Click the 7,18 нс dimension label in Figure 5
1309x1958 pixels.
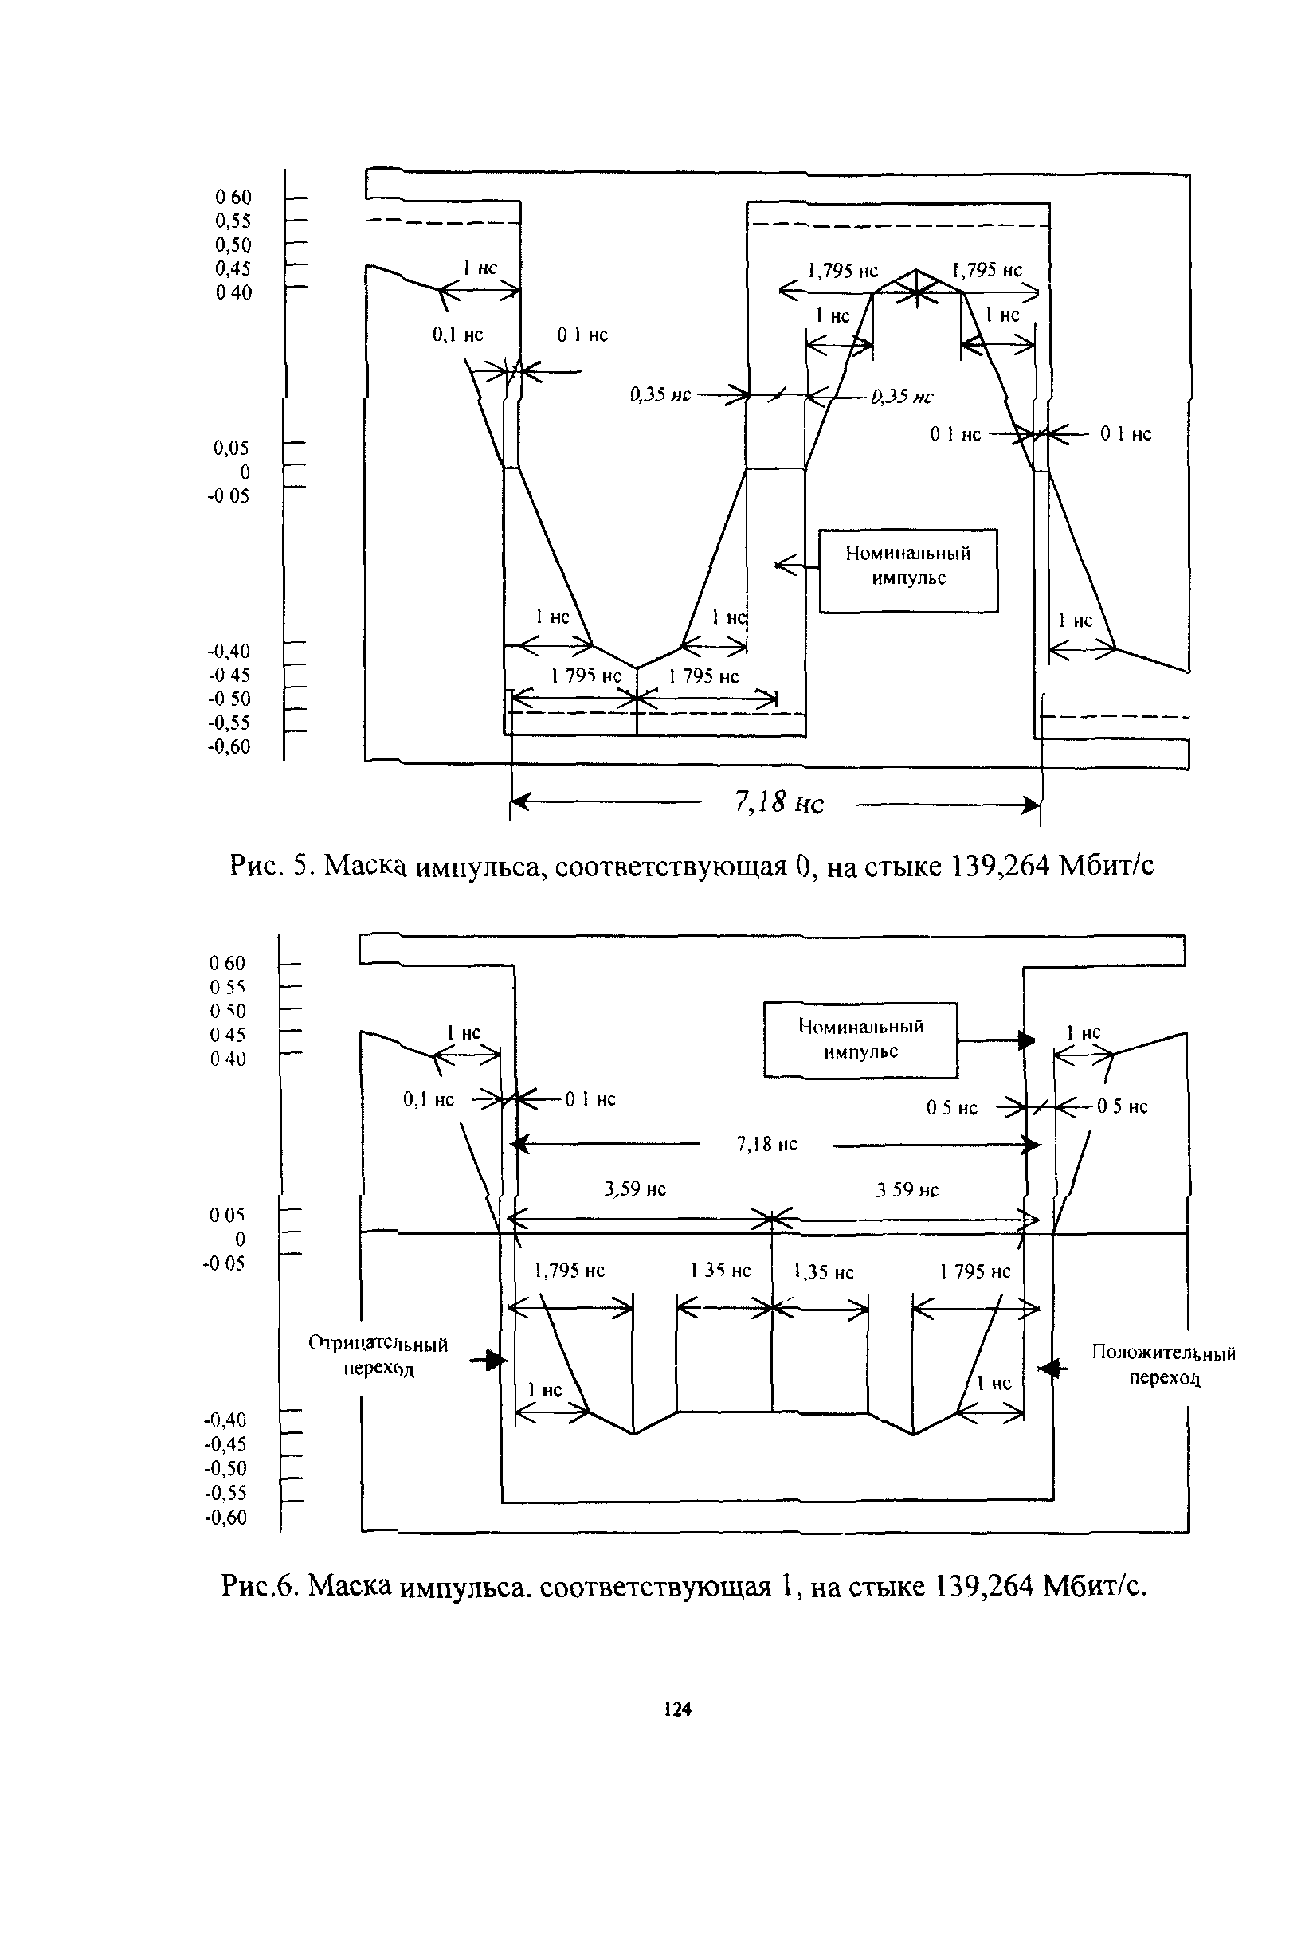778,803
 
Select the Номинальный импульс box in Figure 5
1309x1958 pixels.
908,571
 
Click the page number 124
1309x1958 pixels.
677,1709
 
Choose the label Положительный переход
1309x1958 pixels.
1164,1365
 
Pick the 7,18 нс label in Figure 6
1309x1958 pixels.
766,1144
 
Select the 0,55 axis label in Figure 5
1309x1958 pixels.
233,221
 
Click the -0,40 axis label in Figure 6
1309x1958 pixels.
225,1420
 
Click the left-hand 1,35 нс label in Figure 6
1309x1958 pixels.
720,1271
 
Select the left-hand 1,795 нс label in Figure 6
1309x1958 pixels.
570,1271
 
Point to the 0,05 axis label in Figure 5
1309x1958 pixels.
230,449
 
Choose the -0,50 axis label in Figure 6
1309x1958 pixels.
225,1468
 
